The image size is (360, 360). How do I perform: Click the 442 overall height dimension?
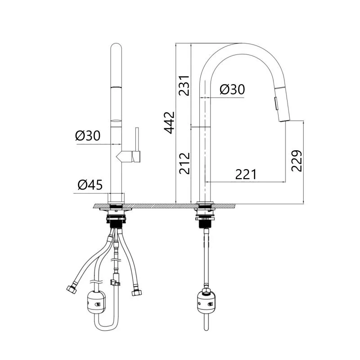coord(169,123)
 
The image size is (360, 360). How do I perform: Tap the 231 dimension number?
coord(184,85)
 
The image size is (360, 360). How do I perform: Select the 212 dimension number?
coord(184,163)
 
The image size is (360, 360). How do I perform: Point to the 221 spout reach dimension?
coord(246,175)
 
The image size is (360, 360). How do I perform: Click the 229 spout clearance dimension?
coord(297,161)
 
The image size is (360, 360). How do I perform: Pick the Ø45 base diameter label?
coord(90,184)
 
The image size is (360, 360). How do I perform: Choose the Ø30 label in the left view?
coord(88,135)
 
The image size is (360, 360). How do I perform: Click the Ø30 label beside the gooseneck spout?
coord(232,89)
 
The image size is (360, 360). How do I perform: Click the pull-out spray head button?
coord(276,103)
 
